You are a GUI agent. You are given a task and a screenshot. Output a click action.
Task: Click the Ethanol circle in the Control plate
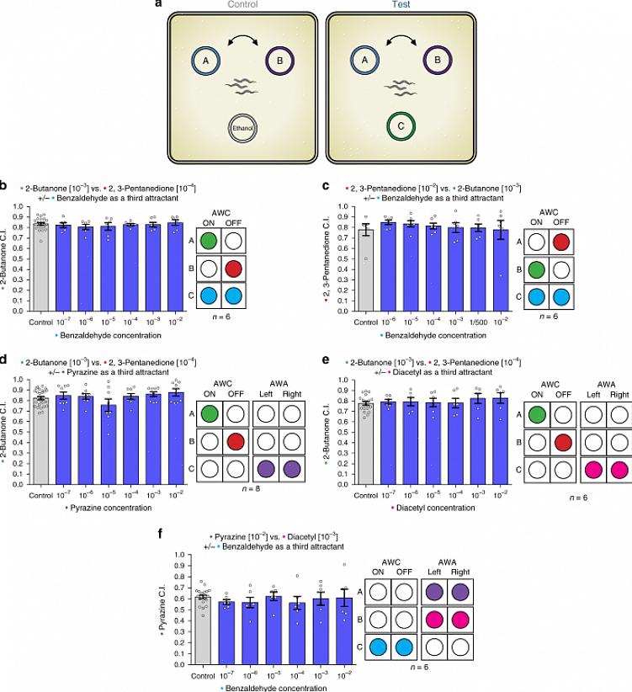(244, 128)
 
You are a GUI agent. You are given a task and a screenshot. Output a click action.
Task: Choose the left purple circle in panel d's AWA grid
(268, 469)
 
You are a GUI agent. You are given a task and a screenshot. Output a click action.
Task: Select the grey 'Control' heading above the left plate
(244, 6)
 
